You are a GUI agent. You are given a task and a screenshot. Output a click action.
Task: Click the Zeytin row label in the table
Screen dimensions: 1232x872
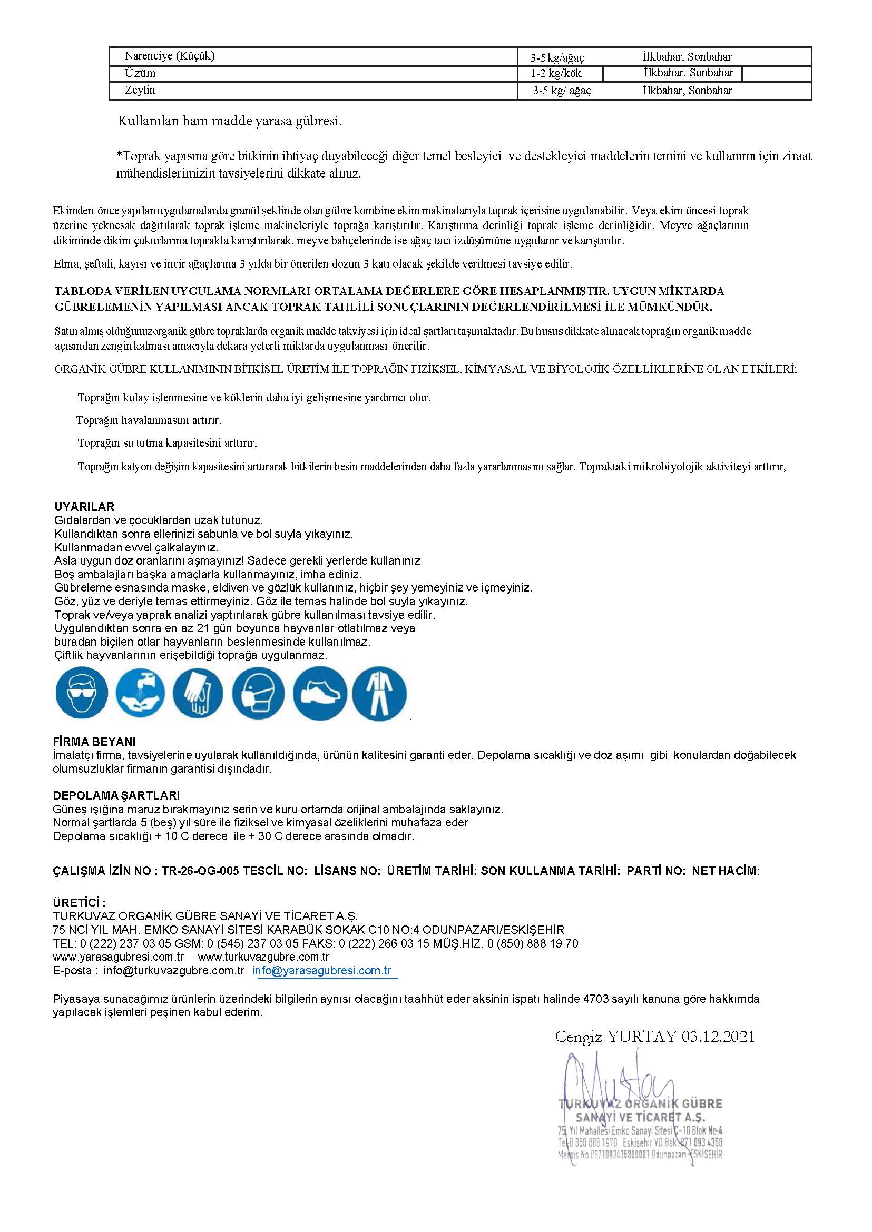[140, 90]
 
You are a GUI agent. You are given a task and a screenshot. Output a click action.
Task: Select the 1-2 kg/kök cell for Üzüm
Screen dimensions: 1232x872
[556, 74]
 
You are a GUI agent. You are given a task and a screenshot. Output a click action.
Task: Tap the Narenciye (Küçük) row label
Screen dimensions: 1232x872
[170, 56]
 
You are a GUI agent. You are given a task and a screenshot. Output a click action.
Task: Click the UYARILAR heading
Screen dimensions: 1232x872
[84, 507]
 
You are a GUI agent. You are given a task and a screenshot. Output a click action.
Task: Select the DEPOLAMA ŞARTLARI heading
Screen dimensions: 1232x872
[116, 795]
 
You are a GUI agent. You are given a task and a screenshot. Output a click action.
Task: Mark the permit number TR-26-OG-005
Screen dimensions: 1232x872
[200, 871]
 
